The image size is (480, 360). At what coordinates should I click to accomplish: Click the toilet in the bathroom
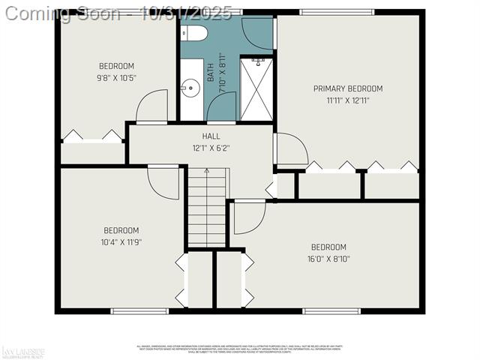coord(194,32)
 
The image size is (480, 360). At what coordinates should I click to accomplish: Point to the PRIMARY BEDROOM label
coord(348,88)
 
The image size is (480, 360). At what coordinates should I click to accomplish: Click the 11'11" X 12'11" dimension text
coord(348,100)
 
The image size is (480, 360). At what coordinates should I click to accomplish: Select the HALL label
coord(211,136)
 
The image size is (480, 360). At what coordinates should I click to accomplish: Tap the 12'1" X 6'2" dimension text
coord(211,148)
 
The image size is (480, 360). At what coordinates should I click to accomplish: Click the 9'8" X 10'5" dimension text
coord(116,77)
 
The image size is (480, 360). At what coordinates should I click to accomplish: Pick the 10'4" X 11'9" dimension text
coord(121,241)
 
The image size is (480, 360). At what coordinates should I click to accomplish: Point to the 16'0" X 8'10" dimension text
coord(328,259)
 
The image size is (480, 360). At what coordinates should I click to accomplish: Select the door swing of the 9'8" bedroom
coord(153,106)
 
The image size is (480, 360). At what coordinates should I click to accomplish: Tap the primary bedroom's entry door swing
coord(291,150)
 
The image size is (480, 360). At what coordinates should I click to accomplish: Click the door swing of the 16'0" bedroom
coord(249,217)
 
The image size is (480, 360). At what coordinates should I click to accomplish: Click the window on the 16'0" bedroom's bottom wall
coord(331,310)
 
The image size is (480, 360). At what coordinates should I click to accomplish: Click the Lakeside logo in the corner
coord(24,351)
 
